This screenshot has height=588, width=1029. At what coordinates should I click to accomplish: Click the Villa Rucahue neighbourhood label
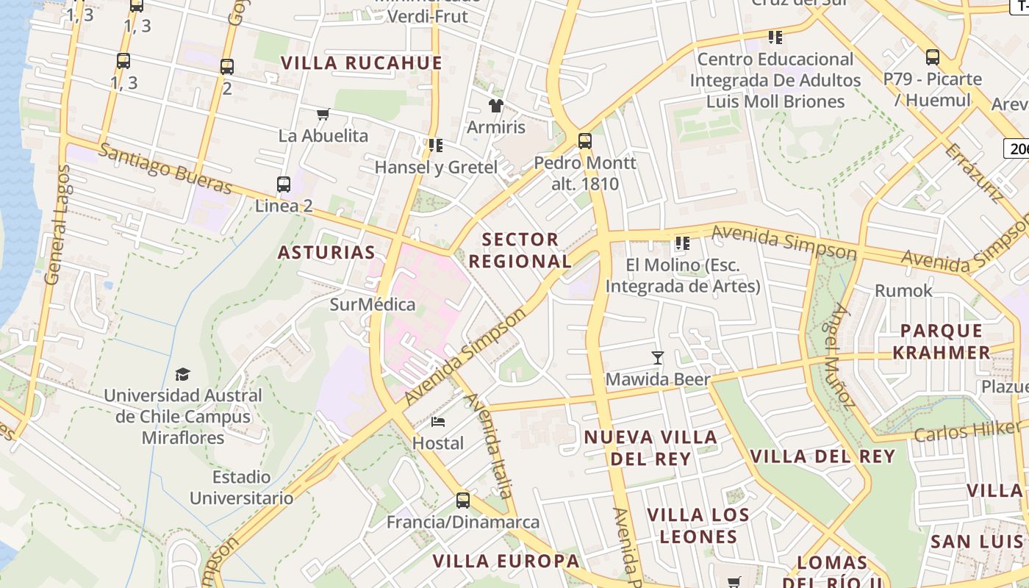(362, 63)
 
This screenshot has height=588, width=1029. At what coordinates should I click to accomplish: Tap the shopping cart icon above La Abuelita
(323, 114)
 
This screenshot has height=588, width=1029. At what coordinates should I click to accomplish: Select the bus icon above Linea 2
(284, 184)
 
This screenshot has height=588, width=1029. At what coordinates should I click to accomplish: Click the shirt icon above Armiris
(496, 106)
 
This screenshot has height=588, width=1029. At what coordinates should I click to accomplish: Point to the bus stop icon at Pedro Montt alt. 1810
(585, 140)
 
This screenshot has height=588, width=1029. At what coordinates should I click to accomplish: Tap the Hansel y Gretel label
(436, 168)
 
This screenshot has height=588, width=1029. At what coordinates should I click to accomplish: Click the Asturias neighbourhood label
(326, 253)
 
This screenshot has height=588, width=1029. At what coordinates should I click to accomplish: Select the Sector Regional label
(520, 250)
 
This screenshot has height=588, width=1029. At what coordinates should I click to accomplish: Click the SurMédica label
(373, 304)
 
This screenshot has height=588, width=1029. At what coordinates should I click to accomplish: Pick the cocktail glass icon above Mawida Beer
(658, 358)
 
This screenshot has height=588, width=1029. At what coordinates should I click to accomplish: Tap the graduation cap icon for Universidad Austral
(182, 375)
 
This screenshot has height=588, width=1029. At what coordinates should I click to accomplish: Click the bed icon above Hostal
(438, 422)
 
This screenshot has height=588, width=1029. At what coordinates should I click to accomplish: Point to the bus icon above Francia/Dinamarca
(463, 501)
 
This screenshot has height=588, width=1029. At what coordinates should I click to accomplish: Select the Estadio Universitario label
(242, 487)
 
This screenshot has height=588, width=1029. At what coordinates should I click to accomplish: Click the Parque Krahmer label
(941, 342)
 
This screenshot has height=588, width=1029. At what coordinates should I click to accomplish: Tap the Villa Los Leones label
(698, 526)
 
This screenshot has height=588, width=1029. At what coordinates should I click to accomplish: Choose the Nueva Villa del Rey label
(650, 448)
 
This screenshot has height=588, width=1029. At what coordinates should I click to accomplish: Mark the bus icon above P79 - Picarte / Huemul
(933, 57)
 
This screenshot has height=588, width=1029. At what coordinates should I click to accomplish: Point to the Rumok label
(903, 291)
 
